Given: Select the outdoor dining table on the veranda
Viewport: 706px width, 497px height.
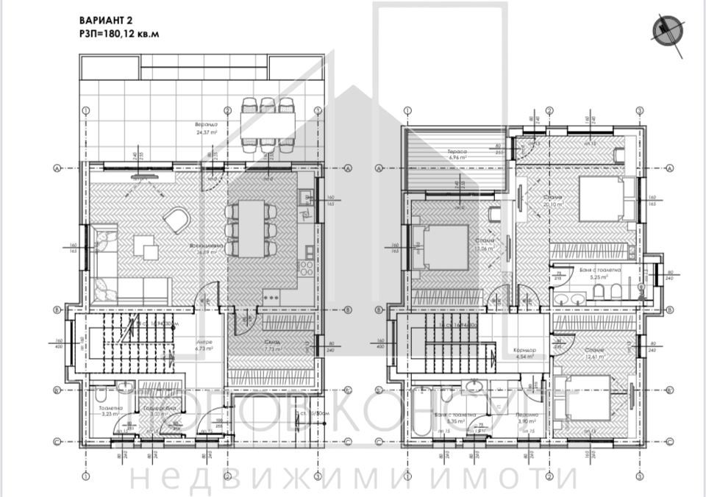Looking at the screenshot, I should (x=267, y=129).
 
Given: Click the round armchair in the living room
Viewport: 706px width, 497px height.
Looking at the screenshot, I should (x=176, y=218).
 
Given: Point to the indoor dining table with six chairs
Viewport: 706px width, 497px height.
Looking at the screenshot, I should (x=252, y=229).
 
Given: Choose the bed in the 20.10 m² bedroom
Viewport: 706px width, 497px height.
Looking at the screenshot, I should (x=602, y=199).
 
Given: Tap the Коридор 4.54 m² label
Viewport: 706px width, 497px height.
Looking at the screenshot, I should (x=525, y=352).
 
